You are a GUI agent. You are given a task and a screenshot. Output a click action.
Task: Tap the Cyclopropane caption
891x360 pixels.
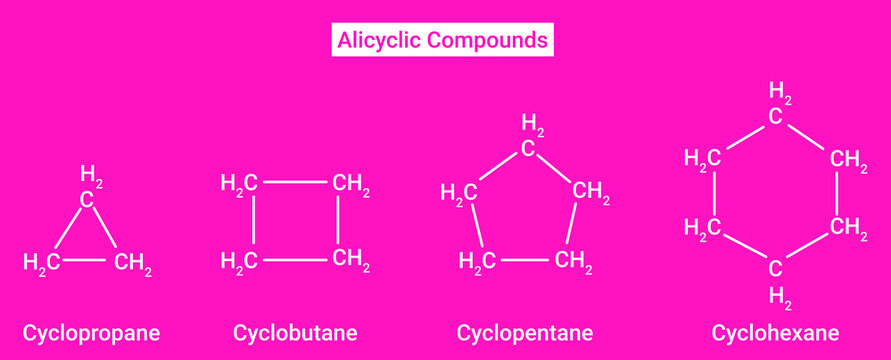92,331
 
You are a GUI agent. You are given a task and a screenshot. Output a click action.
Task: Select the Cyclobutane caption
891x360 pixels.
295,331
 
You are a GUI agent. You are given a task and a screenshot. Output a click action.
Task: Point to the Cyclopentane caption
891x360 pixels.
525,331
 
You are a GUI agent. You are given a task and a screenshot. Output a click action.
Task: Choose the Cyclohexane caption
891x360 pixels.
776,331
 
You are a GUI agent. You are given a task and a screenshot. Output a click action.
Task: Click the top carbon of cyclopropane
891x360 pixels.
88,199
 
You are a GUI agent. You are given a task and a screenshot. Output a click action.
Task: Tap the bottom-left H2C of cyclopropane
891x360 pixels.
42,262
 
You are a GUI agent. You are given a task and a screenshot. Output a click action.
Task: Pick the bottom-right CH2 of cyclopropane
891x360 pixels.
132,264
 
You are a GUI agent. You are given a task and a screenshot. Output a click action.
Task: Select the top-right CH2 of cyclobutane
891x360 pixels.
352,184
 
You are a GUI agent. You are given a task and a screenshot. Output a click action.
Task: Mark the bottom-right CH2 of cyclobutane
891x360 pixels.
352,261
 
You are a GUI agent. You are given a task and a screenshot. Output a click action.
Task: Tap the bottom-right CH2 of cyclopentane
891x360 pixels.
573,262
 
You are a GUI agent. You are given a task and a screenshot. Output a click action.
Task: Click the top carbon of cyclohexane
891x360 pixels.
775,116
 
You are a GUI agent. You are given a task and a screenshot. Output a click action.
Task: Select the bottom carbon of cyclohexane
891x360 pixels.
775,268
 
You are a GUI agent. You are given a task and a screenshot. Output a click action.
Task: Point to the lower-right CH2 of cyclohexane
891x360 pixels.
848,228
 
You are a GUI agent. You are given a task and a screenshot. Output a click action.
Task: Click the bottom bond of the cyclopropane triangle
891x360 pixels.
88,261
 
